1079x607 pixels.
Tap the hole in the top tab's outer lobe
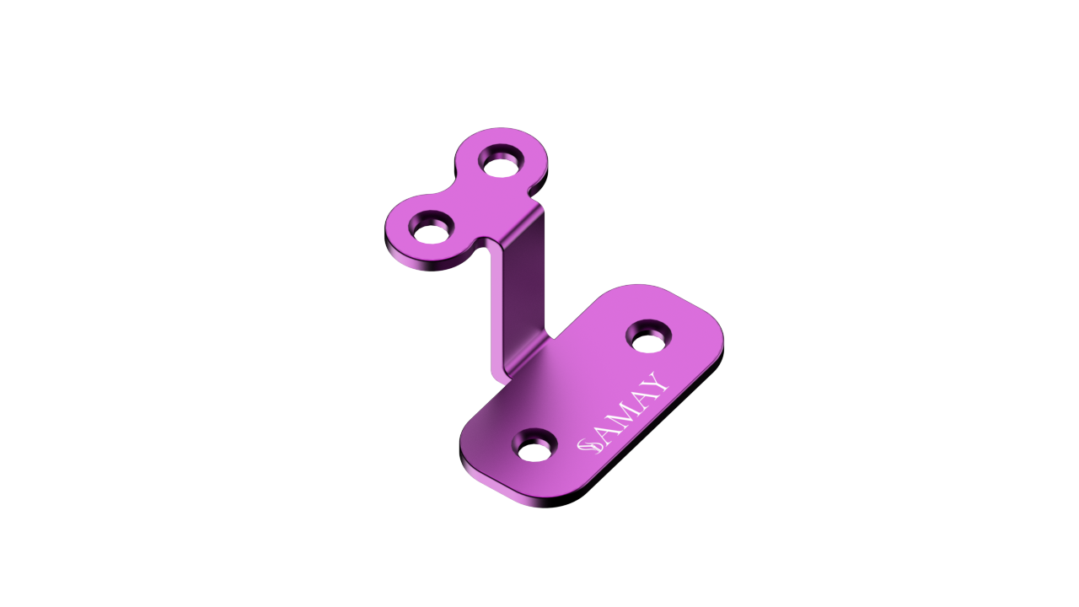point(431,229)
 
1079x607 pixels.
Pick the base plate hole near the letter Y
point(648,338)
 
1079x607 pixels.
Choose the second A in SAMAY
point(640,398)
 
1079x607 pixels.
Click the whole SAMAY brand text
point(624,413)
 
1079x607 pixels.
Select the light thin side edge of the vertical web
point(497,312)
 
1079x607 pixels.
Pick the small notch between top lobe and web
point(486,244)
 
